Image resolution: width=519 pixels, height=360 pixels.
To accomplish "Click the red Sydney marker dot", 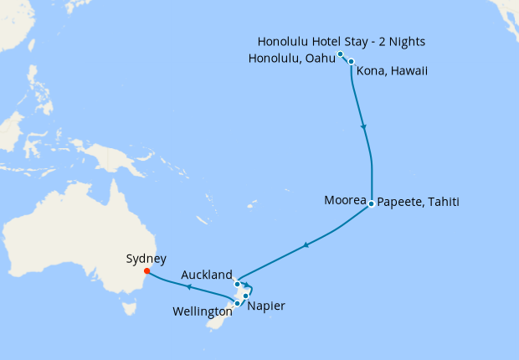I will (x=146, y=270).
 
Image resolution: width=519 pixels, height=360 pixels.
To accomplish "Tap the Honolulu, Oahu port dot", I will (x=341, y=54).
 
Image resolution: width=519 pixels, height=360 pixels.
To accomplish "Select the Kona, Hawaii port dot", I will (x=352, y=61).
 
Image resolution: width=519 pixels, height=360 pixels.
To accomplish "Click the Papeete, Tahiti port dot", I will (x=371, y=202).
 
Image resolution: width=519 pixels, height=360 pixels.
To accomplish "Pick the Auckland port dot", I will (x=238, y=284).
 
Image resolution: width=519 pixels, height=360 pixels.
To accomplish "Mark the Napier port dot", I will (x=246, y=296).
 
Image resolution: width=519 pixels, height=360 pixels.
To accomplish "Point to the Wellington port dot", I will (x=237, y=303).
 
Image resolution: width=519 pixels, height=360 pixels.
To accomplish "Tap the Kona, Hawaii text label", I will (x=392, y=71).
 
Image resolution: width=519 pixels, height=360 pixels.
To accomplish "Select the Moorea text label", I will (x=345, y=201).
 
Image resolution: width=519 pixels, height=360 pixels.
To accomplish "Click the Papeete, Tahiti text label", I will (x=418, y=202).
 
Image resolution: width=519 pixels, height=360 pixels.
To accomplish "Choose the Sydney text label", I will (x=146, y=259).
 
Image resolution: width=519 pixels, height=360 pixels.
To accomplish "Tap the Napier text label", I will (x=266, y=306).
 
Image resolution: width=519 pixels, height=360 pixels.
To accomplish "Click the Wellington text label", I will (x=202, y=311).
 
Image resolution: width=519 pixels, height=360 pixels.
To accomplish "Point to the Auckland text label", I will (x=207, y=275).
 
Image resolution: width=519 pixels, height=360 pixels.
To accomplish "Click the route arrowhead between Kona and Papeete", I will (x=363, y=127).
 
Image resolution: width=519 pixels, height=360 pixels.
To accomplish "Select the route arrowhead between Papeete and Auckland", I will (x=306, y=244).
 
